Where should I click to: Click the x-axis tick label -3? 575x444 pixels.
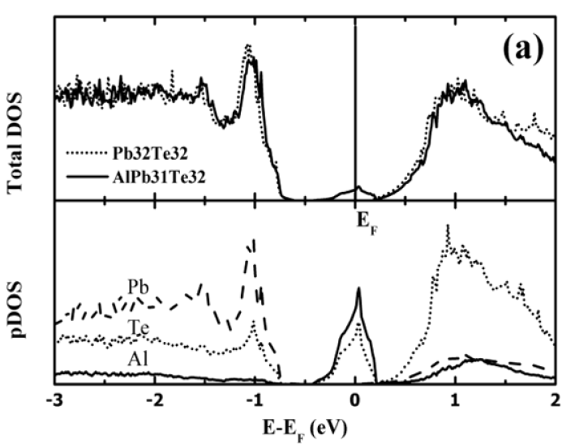55,399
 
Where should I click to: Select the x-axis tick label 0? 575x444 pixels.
355,399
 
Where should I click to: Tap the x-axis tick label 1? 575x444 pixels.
456,399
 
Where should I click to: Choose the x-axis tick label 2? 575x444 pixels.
556,399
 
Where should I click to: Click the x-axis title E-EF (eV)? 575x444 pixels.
307,426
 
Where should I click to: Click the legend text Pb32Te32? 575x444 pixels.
142,152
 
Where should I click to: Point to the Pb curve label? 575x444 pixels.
139,287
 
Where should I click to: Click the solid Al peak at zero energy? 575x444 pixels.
357,289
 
